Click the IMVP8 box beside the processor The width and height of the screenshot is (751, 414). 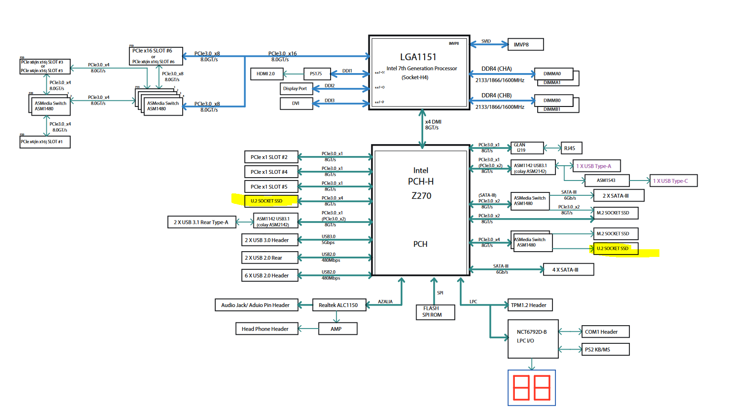pyautogui.click(x=525, y=44)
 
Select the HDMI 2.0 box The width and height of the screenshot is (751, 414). pyautogui.click(x=266, y=74)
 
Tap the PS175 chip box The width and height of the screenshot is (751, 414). pyautogui.click(x=317, y=74)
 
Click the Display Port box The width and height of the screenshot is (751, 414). pyautogui.click(x=296, y=89)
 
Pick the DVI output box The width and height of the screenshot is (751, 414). pyautogui.click(x=296, y=103)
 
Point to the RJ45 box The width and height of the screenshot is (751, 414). pyautogui.click(x=571, y=149)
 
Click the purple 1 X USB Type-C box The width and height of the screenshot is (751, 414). pyautogui.click(x=673, y=181)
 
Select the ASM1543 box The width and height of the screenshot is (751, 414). pyautogui.click(x=606, y=180)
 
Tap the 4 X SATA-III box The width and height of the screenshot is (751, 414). pyautogui.click(x=568, y=270)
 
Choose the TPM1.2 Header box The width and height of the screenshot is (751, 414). pyautogui.click(x=530, y=305)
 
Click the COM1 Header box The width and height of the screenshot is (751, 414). pyautogui.click(x=605, y=332)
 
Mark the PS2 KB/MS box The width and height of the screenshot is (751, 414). pyautogui.click(x=605, y=350)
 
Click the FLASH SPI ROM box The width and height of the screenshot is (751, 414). pyautogui.click(x=435, y=312)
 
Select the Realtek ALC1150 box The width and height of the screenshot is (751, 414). pyautogui.click(x=339, y=305)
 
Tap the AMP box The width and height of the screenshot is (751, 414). pyautogui.click(x=337, y=329)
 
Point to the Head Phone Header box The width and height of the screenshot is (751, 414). pyautogui.click(x=266, y=329)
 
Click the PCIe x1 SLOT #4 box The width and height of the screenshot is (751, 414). pyautogui.click(x=271, y=172)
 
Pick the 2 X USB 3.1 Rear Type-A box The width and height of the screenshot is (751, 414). pyautogui.click(x=201, y=222)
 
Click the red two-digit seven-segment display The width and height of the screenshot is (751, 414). pyautogui.click(x=532, y=388)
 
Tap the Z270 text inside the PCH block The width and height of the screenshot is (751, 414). pyautogui.click(x=421, y=196)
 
